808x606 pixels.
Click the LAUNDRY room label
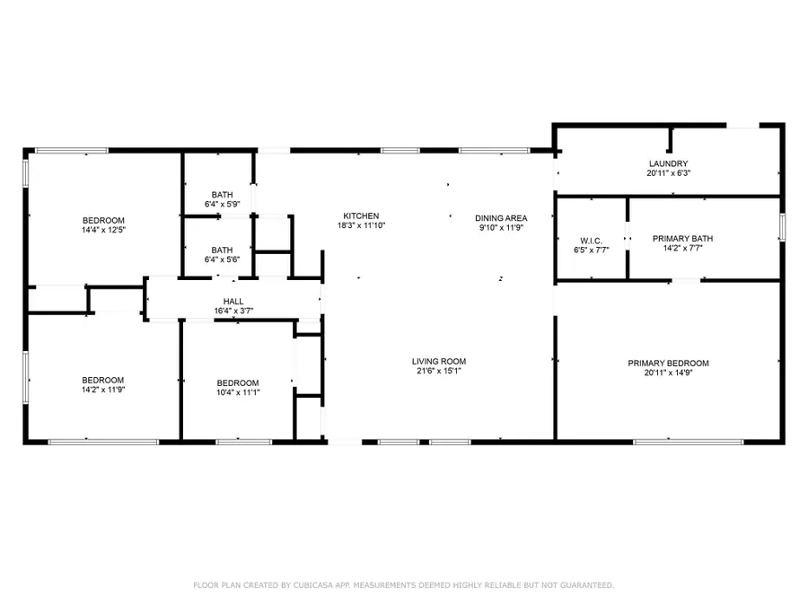[668, 164]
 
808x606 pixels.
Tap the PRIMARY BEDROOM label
[668, 364]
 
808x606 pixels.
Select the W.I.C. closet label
[591, 242]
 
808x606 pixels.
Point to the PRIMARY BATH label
[683, 239]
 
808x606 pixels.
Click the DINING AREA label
[501, 218]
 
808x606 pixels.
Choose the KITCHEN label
[361, 216]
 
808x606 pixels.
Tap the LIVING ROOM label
[439, 362]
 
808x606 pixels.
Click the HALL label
[233, 302]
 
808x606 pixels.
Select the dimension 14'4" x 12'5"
[103, 230]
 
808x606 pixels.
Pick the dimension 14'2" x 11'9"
[103, 390]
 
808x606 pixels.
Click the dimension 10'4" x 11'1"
[238, 392]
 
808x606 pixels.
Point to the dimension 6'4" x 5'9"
[222, 204]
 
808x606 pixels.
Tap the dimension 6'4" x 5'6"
[222, 259]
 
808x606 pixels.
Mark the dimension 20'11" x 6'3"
[668, 173]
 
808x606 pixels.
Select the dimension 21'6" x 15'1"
[439, 371]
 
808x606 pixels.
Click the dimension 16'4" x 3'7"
[233, 311]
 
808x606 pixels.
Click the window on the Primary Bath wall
[782, 227]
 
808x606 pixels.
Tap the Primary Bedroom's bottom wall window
[689, 442]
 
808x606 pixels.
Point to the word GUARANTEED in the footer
[587, 585]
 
